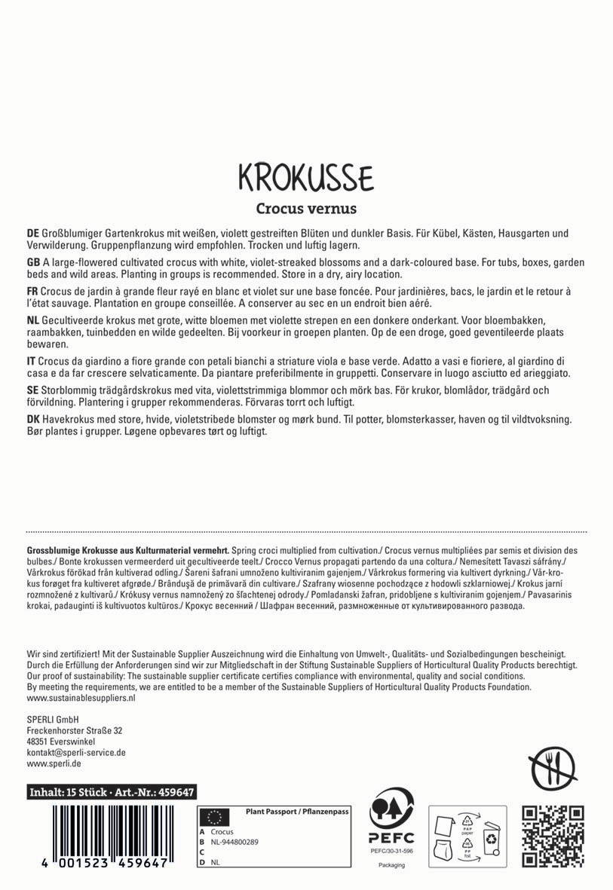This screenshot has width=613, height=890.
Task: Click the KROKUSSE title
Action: [x=305, y=177]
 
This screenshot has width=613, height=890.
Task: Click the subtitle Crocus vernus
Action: [x=305, y=208]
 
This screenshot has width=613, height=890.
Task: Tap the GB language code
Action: [x=33, y=261]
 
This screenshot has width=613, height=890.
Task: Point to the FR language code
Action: [x=32, y=291]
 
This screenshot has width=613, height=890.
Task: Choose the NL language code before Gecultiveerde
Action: [x=33, y=320]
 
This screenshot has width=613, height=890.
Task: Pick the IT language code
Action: [x=31, y=361]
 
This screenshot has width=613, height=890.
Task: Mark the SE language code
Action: [x=32, y=390]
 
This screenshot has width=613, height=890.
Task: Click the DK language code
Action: [x=33, y=419]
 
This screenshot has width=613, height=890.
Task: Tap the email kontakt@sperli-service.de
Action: [x=75, y=752]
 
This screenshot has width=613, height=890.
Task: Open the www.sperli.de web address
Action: [x=54, y=763]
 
